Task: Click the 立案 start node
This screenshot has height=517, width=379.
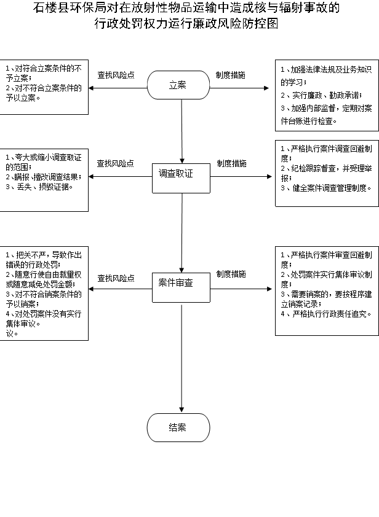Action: pos(178,85)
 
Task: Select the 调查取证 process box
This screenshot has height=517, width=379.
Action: pos(181,178)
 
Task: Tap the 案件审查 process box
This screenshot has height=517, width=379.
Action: pos(181,287)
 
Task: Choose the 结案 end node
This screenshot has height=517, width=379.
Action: pos(178,427)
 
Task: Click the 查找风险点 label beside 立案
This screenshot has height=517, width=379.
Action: pos(116,75)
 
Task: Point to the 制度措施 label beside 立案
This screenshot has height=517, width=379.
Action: pos(231,75)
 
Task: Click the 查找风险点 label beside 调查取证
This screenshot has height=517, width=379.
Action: pos(115,163)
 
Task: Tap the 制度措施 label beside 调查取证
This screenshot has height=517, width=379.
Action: pos(231,163)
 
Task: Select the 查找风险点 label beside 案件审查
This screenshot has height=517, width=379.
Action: pos(116,278)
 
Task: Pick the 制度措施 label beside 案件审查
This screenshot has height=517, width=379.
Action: pos(231,274)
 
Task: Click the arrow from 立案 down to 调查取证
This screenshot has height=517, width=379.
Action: pos(182,131)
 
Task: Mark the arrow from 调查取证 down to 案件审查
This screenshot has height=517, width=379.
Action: pos(182,233)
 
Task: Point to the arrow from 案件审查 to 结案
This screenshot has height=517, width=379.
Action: pos(182,359)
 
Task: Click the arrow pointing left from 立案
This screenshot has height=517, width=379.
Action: pos(118,88)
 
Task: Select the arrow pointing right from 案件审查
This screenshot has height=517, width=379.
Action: pos(241,289)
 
